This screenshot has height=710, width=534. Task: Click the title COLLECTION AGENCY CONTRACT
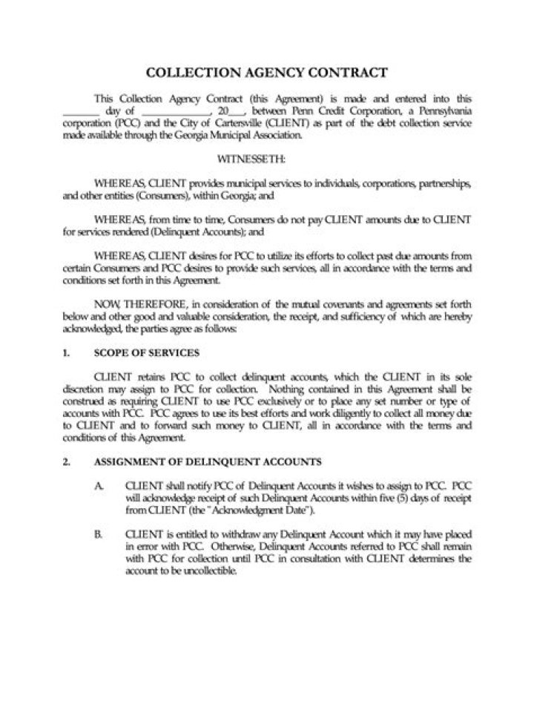click(266, 73)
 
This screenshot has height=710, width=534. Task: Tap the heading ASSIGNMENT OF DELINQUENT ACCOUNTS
click(208, 461)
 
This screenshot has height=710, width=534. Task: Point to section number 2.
click(67, 461)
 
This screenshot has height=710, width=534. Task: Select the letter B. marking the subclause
click(99, 534)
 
